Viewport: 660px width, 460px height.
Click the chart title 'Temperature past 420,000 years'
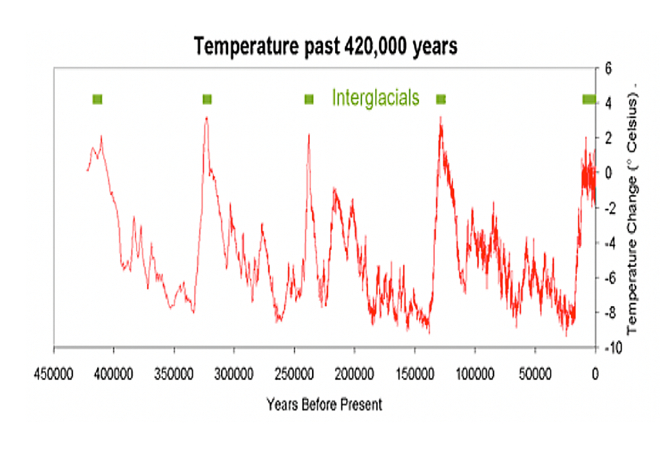point(325,46)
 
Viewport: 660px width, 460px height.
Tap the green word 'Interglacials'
point(376,98)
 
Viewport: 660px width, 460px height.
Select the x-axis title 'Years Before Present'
point(324,405)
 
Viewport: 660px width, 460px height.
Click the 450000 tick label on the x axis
point(53,373)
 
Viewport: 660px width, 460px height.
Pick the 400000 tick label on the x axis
point(114,373)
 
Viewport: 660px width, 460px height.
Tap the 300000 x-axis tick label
point(234,373)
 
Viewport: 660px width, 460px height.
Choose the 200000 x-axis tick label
point(354,373)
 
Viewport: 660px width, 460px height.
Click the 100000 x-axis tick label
point(474,373)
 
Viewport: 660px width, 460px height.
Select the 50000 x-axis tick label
point(535,373)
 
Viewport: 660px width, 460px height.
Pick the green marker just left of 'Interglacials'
point(309,99)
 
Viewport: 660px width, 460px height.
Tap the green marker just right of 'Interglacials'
point(441,99)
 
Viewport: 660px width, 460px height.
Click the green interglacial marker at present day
point(588,99)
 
